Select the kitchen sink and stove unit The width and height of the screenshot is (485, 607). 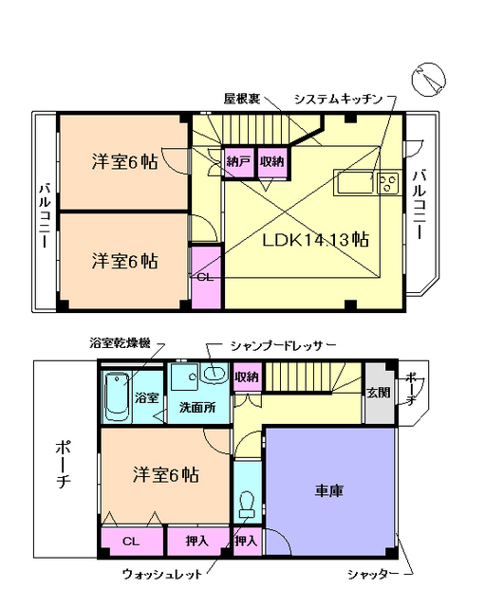click(365, 183)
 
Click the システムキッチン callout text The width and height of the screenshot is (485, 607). click(339, 99)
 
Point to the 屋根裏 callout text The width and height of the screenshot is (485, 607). click(242, 99)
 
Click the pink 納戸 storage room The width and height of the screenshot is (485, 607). click(237, 161)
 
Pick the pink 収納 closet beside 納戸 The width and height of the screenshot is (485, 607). click(271, 161)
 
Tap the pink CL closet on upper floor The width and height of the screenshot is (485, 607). click(205, 275)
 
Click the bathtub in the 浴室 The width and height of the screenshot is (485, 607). click(117, 395)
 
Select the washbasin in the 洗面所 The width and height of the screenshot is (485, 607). click(211, 375)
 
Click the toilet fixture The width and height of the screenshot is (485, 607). click(247, 502)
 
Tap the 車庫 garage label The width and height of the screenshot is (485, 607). click(328, 491)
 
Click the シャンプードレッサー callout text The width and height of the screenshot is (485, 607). click(283, 347)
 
